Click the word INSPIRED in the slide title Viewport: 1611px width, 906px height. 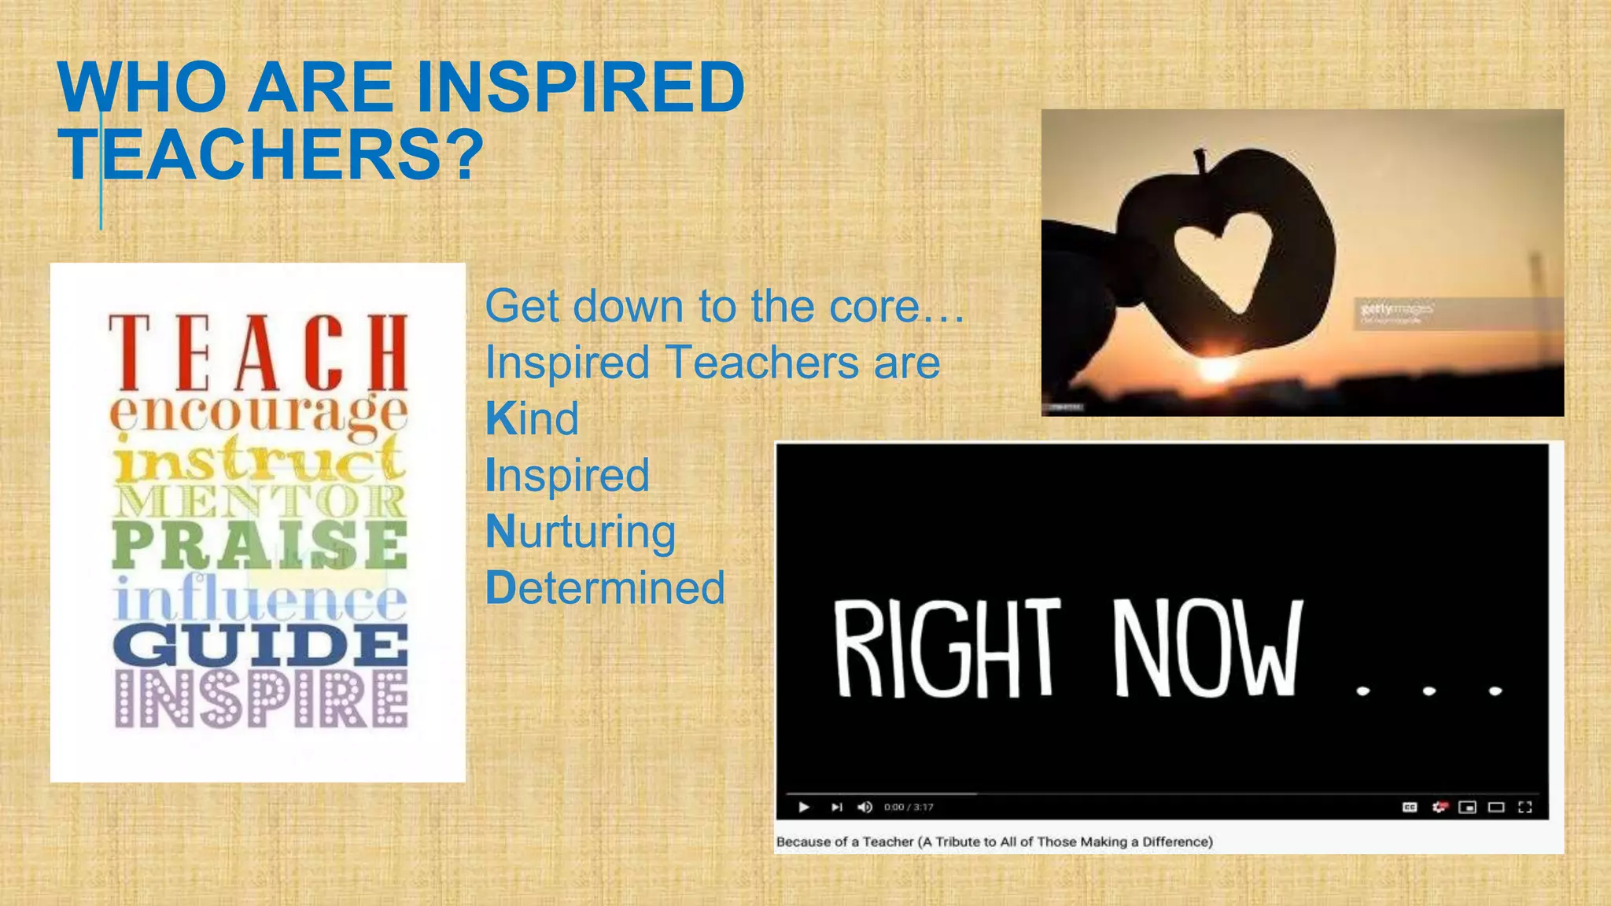581,87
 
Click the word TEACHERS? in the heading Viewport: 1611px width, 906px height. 271,155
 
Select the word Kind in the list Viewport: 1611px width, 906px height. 533,418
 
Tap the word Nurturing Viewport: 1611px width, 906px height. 581,532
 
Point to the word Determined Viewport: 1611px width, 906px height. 605,588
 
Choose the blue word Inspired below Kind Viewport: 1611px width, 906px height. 567,475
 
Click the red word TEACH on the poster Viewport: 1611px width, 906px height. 258,353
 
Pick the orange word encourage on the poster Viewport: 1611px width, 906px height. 258,414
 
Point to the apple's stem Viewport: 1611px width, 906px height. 1200,161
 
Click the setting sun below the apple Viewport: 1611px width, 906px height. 1216,368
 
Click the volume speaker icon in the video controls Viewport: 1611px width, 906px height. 864,807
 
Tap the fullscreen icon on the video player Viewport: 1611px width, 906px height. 1525,807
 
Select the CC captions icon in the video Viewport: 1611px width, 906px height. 1410,807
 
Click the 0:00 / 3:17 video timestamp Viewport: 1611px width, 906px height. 909,807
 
